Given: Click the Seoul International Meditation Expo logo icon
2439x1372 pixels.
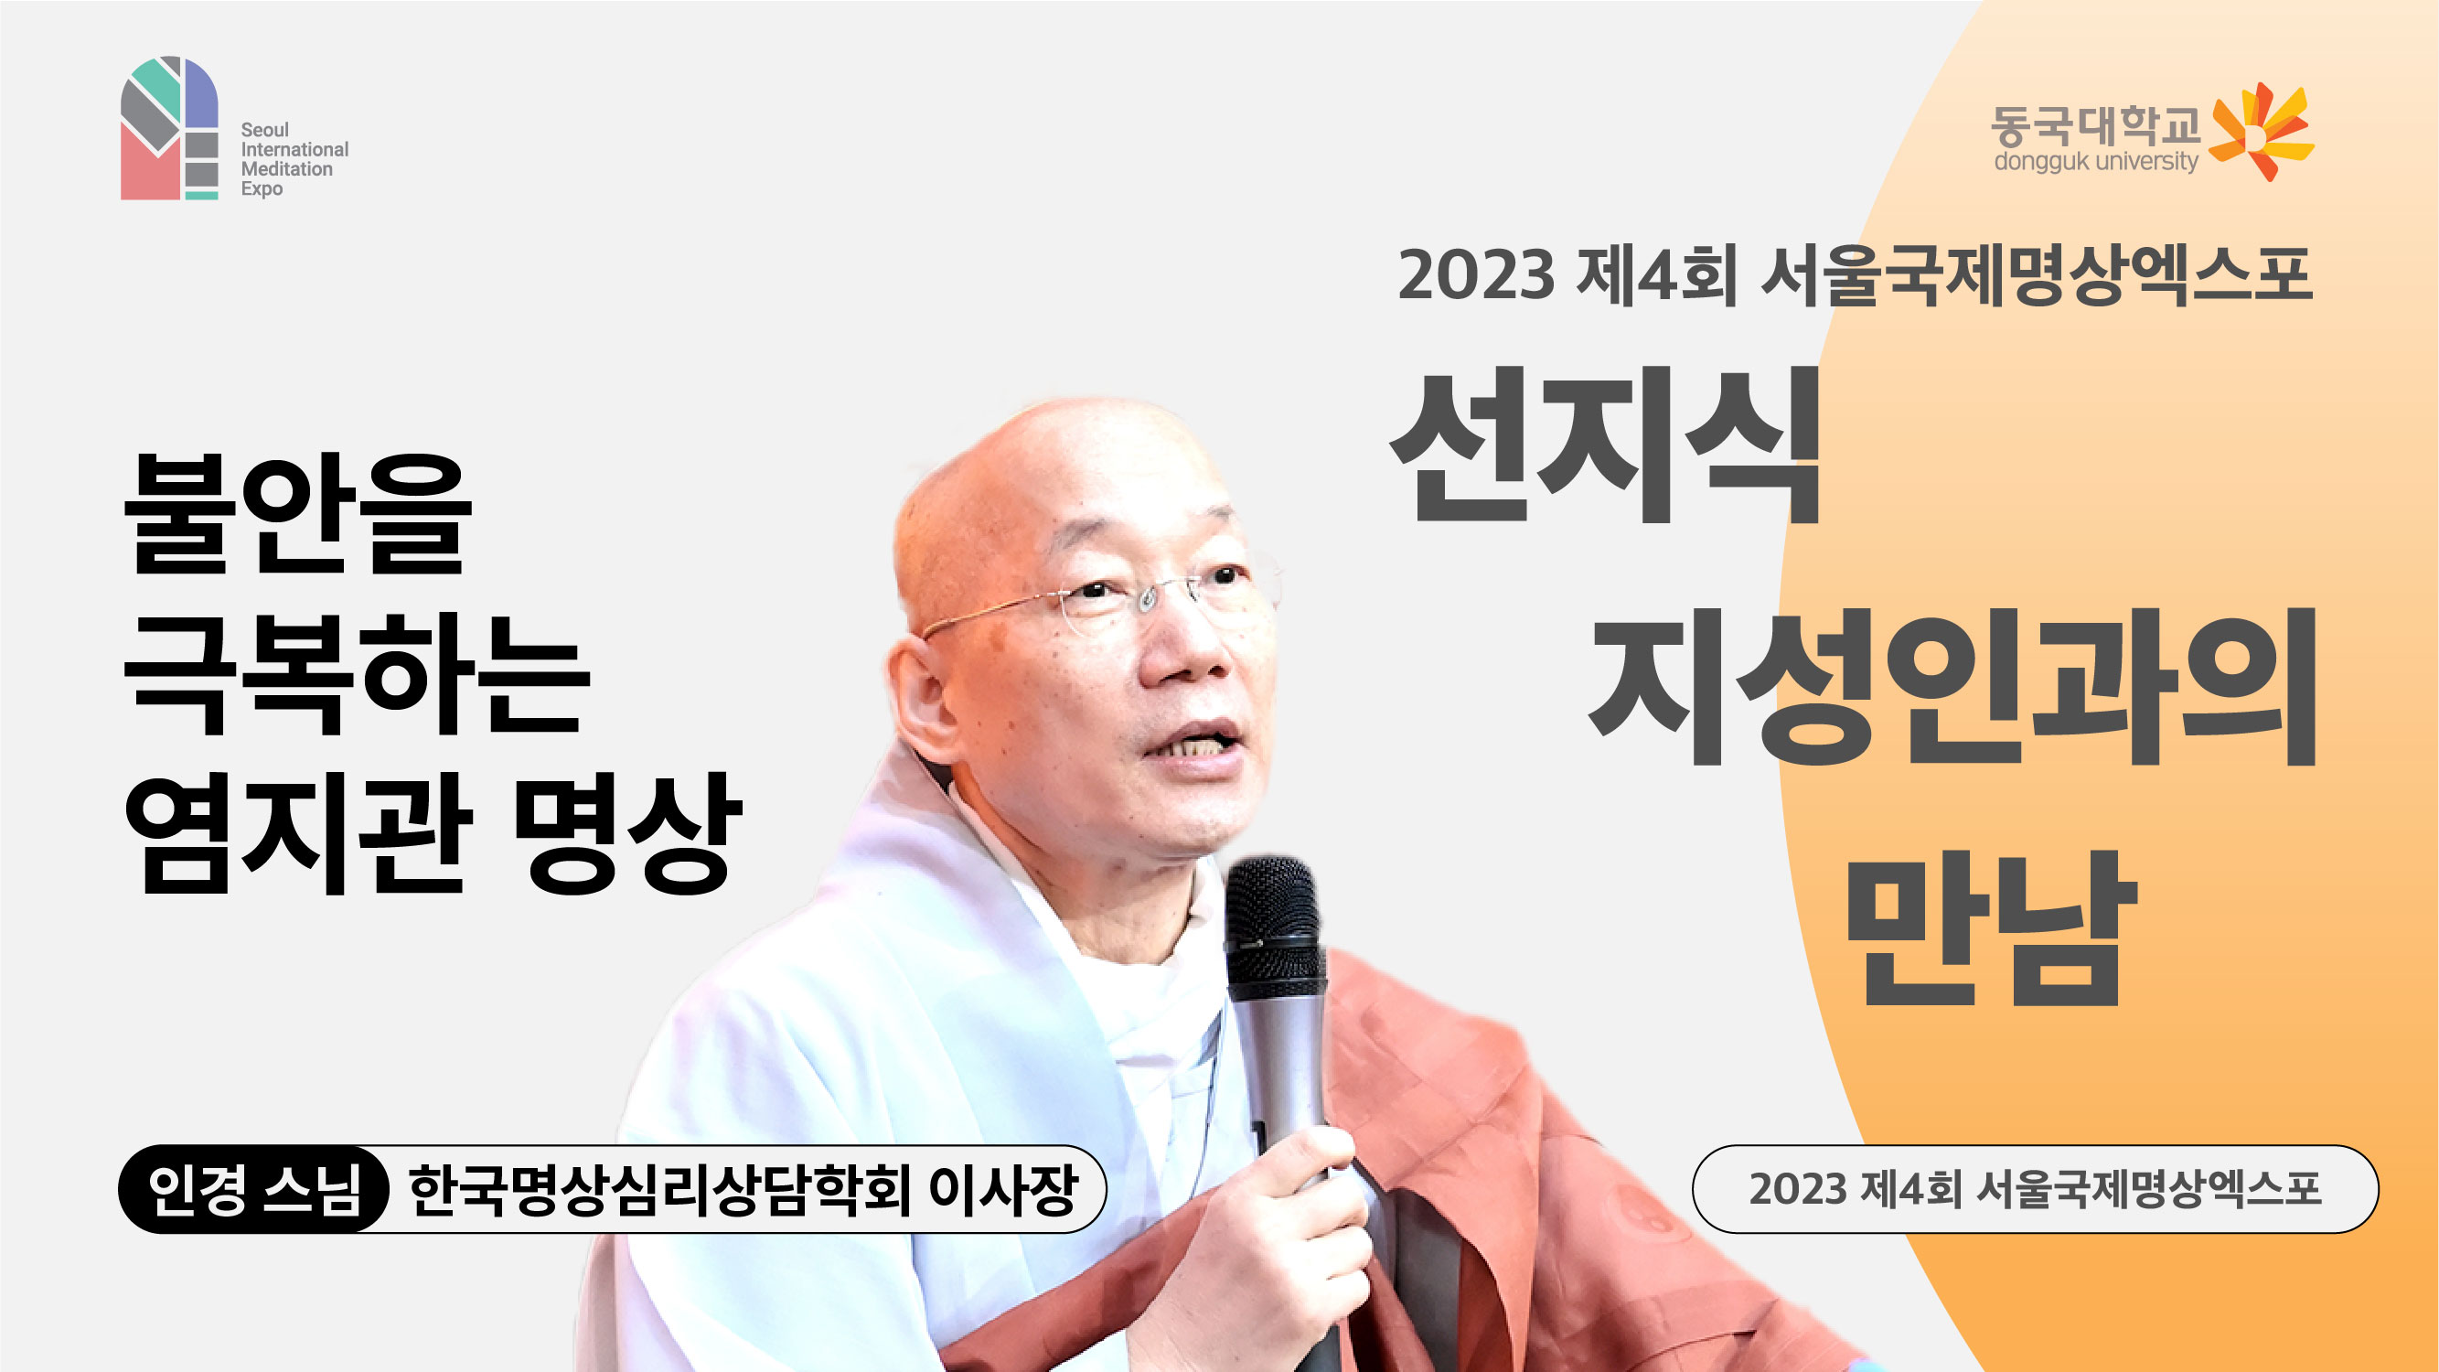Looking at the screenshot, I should tap(169, 128).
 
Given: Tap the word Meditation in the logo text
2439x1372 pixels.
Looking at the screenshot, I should tap(287, 169).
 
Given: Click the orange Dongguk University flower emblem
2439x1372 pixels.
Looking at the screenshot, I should tap(2259, 133).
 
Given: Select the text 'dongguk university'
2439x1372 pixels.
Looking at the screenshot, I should tap(2095, 162).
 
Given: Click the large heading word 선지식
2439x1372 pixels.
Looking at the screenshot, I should tap(1606, 445).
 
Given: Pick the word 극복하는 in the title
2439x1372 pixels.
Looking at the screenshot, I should tap(357, 674).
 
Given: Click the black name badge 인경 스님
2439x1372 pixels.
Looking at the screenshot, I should tap(253, 1189).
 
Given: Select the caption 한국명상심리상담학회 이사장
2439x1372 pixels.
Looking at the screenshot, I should tap(743, 1189).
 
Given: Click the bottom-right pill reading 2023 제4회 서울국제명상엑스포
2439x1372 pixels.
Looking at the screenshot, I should tap(2035, 1189).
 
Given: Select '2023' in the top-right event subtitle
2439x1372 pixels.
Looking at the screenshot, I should tap(1476, 275).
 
